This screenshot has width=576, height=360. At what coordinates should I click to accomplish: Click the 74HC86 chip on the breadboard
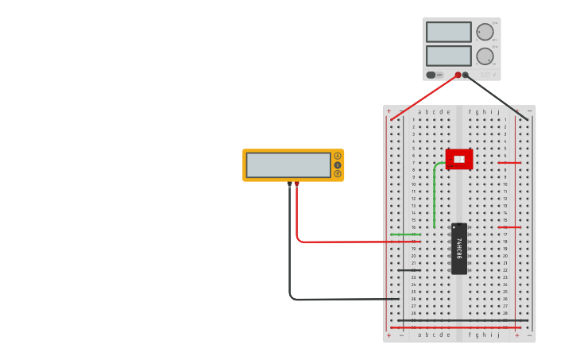click(x=459, y=249)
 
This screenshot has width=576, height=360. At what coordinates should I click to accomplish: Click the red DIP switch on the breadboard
click(x=459, y=159)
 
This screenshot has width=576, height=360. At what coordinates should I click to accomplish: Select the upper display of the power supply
click(x=449, y=32)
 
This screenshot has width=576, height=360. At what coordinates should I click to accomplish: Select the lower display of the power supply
click(x=449, y=56)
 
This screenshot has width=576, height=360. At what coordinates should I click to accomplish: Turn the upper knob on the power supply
click(x=485, y=32)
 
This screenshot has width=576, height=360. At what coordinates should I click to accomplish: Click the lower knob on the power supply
click(x=485, y=56)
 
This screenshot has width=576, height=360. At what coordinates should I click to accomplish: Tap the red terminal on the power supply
click(x=458, y=75)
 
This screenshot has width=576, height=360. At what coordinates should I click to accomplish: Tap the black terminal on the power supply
click(x=466, y=75)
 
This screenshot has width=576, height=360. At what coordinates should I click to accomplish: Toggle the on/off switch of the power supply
click(x=431, y=75)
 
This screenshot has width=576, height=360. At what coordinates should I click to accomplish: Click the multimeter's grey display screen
click(x=288, y=165)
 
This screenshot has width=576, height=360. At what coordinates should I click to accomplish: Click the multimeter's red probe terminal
click(x=297, y=183)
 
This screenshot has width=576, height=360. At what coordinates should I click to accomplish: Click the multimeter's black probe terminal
click(x=289, y=183)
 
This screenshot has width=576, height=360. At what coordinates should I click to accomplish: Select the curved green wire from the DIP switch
click(x=435, y=191)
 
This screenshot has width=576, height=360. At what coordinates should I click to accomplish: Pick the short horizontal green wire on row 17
click(x=405, y=234)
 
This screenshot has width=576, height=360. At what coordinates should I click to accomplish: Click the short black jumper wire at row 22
click(x=407, y=270)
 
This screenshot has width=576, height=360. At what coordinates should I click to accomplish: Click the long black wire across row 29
click(x=461, y=320)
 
